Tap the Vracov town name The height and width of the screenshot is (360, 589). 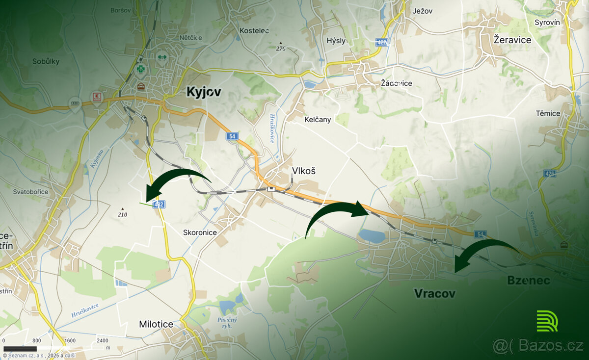434,293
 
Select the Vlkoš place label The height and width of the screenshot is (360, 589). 303,171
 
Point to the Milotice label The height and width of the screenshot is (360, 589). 156,324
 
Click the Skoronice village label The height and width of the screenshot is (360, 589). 200,232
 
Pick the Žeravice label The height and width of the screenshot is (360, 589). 512,40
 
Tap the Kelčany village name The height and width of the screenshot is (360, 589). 318,119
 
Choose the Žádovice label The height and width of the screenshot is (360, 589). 397,83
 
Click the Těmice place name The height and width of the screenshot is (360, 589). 548,113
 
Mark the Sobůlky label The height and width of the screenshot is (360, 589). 46,61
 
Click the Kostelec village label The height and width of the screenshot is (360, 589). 254,30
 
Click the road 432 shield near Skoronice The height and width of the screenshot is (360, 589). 158,205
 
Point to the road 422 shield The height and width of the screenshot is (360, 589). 382,42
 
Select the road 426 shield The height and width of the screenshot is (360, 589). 550,174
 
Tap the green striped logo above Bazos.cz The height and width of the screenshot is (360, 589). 547,321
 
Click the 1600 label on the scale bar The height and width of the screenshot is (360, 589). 69,340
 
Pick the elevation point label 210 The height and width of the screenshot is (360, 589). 122,214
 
